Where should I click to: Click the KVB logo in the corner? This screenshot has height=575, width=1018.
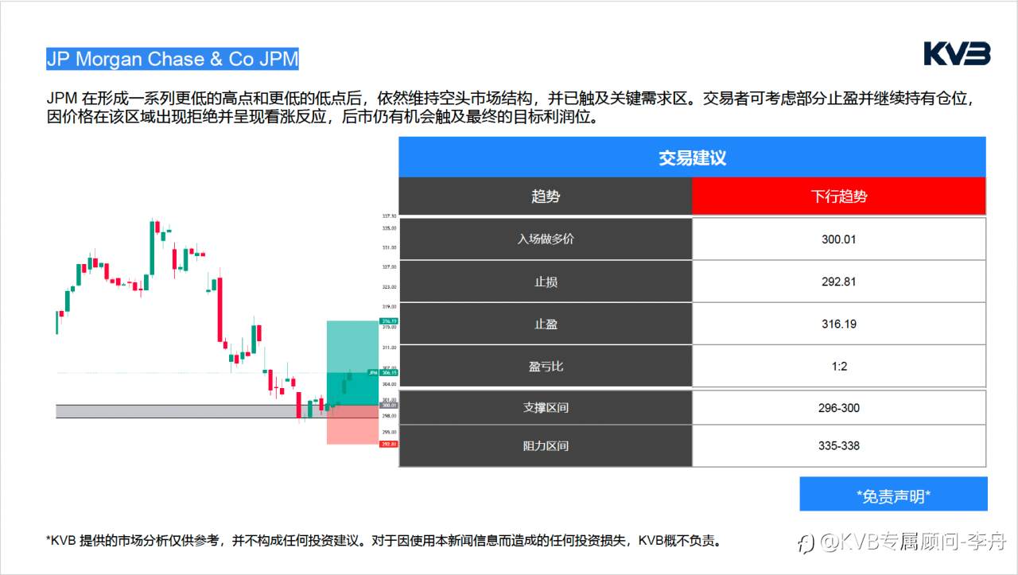coord(957,54)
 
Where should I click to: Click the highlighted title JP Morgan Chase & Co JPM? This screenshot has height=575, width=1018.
coord(173,59)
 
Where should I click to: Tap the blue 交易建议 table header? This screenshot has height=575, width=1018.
coord(692,157)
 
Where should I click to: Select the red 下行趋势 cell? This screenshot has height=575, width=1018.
coord(839,196)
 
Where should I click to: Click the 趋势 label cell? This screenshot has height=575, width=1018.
coord(546,196)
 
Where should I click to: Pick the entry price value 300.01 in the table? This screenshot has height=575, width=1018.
coord(839,239)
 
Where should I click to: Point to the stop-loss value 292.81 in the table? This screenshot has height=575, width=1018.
coord(839,282)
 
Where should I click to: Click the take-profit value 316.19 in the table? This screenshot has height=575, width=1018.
coord(839,324)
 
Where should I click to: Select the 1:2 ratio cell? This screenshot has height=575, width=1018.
coord(839,367)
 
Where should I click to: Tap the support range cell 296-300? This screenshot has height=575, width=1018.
coord(839,408)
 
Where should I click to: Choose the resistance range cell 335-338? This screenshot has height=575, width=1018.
coord(839,446)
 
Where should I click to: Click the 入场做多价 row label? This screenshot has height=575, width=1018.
coord(546,239)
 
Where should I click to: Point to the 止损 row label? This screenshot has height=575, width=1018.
coord(546,282)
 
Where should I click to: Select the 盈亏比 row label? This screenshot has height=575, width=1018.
coord(546,367)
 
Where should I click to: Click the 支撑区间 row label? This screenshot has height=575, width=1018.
coord(546,408)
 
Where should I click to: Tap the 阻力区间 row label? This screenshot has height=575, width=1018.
coord(546,446)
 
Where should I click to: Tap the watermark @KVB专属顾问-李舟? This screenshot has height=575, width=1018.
coord(906,543)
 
